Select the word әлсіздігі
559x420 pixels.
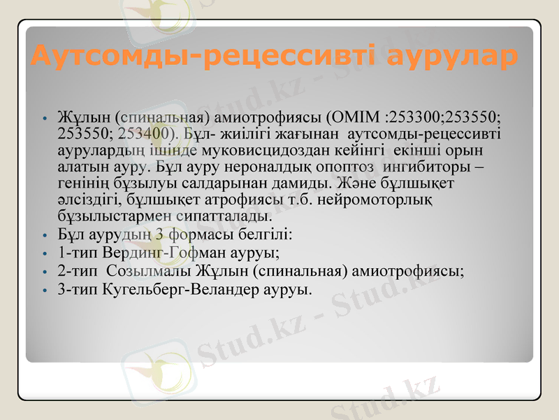coord(85,199)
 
